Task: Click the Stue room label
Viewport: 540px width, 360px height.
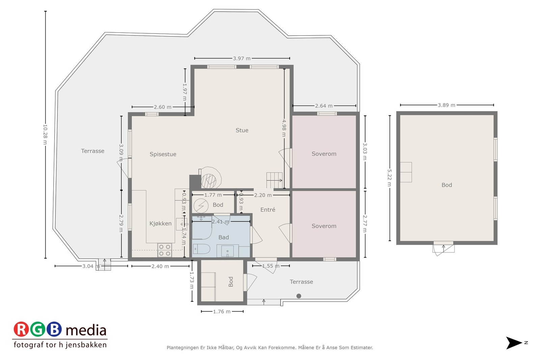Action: click(242, 130)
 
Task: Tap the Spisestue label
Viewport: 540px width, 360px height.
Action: click(163, 154)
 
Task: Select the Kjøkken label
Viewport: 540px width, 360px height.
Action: click(160, 223)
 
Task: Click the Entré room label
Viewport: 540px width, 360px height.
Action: click(268, 210)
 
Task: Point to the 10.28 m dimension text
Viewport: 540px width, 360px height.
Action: click(45, 134)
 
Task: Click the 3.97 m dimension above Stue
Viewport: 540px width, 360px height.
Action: click(242, 58)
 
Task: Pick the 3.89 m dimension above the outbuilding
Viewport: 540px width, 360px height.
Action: click(447, 105)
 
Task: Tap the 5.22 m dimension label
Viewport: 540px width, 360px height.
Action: click(389, 178)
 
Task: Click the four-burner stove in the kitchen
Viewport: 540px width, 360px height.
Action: click(165, 250)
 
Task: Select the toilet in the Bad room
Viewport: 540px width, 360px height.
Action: click(201, 249)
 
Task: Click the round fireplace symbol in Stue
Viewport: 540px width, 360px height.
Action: click(209, 181)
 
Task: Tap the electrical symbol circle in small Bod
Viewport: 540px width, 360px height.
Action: click(201, 205)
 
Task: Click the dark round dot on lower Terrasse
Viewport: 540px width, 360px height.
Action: click(299, 296)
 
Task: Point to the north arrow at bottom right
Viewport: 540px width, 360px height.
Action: click(514, 343)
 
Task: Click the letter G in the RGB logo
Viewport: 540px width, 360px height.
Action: click(37, 329)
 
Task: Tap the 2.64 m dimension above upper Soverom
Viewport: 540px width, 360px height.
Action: click(324, 106)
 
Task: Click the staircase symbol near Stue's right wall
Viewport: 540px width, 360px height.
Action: click(274, 180)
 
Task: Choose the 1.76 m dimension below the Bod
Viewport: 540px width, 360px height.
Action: click(222, 311)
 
